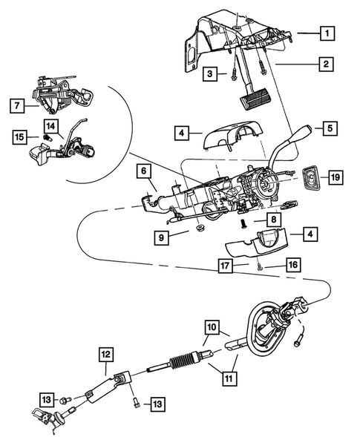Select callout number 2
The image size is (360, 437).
point(325,65)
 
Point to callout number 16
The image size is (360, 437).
point(292,263)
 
